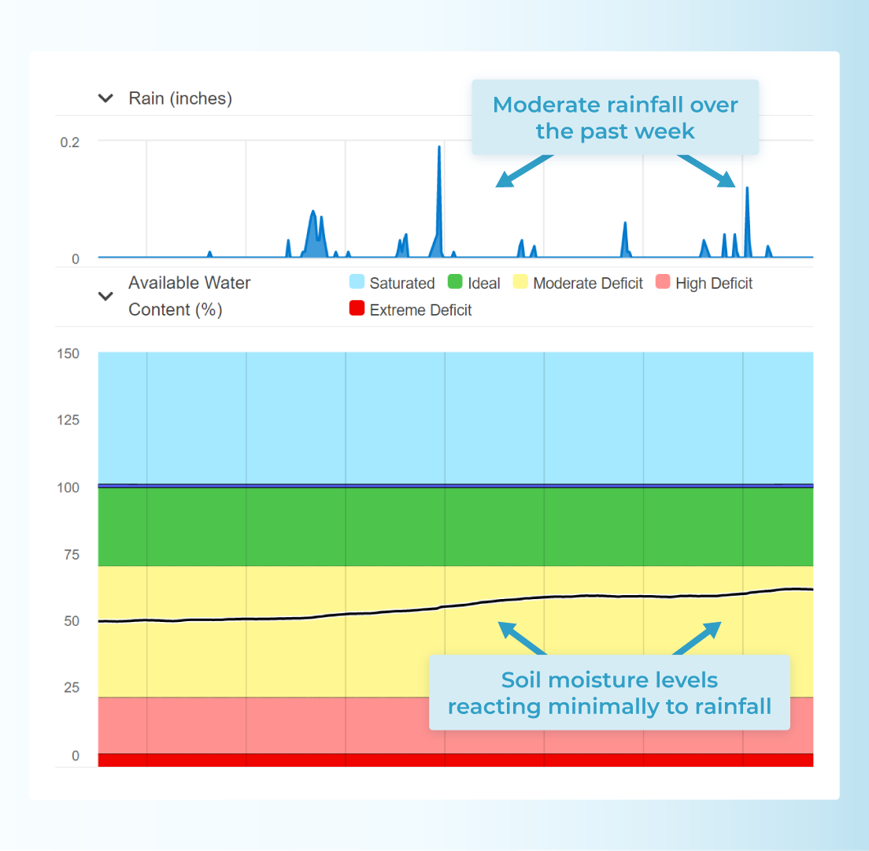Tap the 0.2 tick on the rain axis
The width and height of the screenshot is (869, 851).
click(70, 142)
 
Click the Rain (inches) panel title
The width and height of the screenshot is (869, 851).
click(180, 98)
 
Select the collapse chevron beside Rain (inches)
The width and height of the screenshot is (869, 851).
click(105, 98)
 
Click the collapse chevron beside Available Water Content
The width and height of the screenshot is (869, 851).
click(105, 296)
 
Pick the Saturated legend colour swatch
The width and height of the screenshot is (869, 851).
click(357, 282)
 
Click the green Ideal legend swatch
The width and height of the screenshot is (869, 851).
click(454, 282)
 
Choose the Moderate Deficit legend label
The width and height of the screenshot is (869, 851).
click(587, 283)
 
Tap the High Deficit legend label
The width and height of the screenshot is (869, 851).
click(713, 283)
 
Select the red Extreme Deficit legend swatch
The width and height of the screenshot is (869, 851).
click(357, 309)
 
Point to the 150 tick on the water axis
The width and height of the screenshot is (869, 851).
click(68, 353)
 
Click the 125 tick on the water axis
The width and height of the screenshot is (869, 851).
click(68, 420)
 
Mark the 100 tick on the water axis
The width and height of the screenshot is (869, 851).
click(68, 487)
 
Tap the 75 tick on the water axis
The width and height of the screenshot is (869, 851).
click(71, 554)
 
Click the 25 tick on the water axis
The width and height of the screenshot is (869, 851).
click(71, 687)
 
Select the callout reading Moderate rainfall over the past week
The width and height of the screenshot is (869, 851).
click(615, 117)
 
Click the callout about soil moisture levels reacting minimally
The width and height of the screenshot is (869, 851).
click(608, 693)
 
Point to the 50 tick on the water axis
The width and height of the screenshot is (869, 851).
click(71, 621)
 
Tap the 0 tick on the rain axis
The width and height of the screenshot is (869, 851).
click(76, 258)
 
